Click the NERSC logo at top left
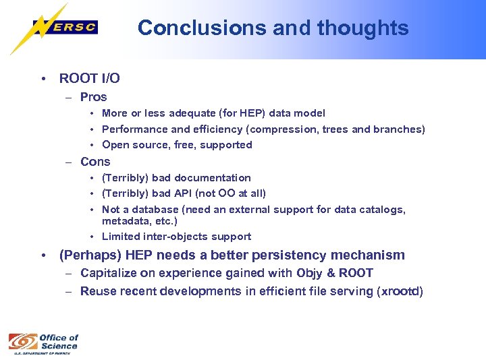tap(64, 28)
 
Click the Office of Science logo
tap(43, 342)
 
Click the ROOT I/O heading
tap(89, 78)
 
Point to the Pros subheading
tap(93, 97)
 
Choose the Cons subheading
tap(95, 162)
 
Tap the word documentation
tap(212, 178)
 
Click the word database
tap(167, 210)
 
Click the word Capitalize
tap(105, 273)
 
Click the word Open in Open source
tap(115, 145)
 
